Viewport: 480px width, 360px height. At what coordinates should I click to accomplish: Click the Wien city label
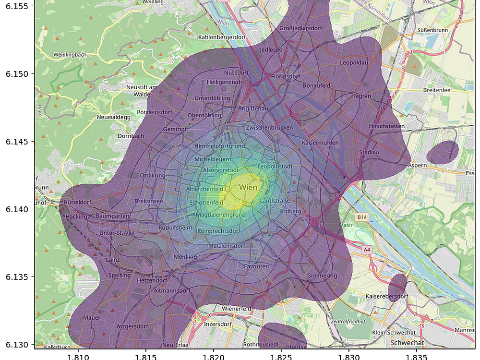(x=248, y=187)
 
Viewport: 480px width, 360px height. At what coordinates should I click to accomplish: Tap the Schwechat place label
(x=408, y=343)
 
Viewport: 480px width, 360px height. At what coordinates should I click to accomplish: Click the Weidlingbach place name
(x=70, y=55)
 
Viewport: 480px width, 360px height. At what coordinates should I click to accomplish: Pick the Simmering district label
(x=323, y=276)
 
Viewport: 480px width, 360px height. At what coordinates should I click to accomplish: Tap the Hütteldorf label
(x=77, y=203)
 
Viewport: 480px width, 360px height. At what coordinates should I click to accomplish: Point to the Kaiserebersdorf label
(x=387, y=296)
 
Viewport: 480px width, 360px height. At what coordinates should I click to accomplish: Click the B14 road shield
(x=362, y=218)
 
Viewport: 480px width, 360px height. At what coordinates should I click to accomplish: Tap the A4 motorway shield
(x=367, y=250)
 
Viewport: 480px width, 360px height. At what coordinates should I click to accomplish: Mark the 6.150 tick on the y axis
(x=17, y=74)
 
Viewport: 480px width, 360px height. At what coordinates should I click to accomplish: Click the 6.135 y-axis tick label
(x=17, y=277)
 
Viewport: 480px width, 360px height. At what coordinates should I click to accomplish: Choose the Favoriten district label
(x=256, y=266)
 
